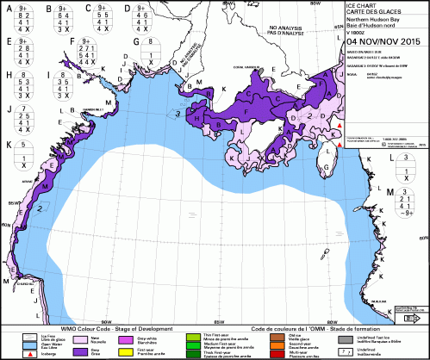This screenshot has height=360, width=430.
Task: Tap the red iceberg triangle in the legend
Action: pyautogui.click(x=32, y=353)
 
